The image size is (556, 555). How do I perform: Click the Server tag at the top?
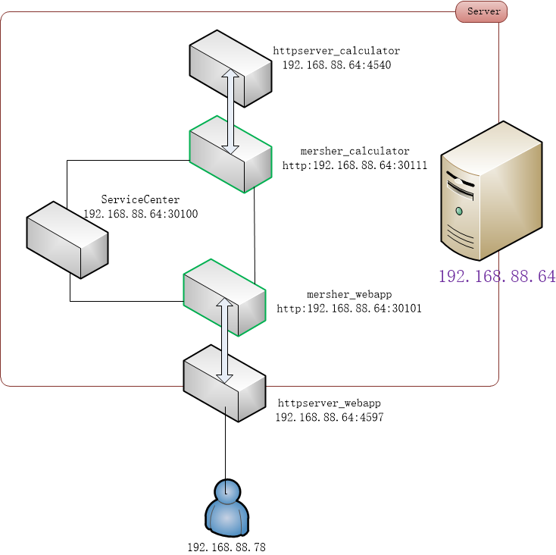coord(482,11)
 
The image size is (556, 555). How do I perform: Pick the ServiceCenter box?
coord(67,239)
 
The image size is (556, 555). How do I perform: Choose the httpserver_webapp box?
coord(224,383)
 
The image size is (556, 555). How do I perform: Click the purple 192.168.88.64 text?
coord(497,277)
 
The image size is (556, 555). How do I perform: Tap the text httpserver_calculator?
coord(336,51)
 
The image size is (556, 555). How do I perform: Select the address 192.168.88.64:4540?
coord(336,65)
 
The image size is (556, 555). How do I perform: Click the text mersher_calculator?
coord(355,151)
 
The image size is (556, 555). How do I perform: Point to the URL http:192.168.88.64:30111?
coord(355,165)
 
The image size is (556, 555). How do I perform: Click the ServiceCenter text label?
coord(140,199)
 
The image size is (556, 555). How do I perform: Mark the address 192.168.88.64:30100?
coord(140,214)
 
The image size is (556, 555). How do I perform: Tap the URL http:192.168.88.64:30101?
coord(349,309)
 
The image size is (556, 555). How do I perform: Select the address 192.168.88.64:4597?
coord(330,417)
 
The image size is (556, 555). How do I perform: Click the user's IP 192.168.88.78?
coord(226,546)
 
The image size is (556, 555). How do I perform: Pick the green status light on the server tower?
coord(459,210)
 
